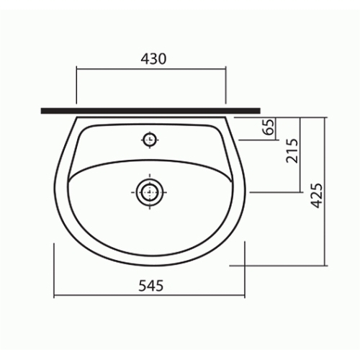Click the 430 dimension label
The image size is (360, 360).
(153, 59)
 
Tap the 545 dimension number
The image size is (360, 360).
(151, 286)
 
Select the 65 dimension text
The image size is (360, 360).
(268, 127)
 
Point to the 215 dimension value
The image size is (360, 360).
(292, 151)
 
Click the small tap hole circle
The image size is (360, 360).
(150, 140)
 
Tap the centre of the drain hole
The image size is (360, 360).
(150, 192)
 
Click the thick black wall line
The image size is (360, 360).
(150, 111)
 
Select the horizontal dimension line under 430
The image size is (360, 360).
(151, 69)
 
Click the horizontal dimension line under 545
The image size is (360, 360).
(149, 296)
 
